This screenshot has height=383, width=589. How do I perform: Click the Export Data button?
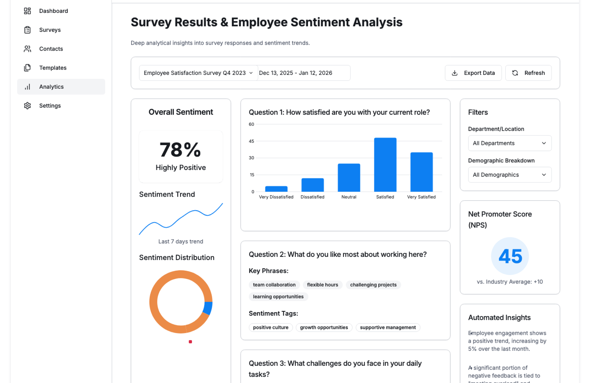[473, 73]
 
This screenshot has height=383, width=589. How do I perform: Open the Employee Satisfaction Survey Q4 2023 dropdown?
[198, 73]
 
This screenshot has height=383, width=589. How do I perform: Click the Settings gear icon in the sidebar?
[27, 106]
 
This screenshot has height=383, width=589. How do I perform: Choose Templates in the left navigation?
[53, 68]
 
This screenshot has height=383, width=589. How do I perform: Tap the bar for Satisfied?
[385, 165]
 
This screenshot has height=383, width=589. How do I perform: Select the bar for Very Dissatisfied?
[276, 189]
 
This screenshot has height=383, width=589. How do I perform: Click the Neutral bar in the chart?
[349, 178]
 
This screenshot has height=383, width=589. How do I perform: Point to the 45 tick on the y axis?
[252, 141]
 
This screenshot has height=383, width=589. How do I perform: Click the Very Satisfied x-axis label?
[421, 197]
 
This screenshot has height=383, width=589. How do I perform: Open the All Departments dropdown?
[510, 143]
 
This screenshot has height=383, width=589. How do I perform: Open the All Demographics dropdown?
[510, 175]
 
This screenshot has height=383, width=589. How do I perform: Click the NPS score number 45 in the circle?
[510, 256]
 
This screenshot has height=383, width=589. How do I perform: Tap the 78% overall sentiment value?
[180, 150]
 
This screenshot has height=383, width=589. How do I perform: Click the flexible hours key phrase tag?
[322, 285]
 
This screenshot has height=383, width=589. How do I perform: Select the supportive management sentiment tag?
[388, 327]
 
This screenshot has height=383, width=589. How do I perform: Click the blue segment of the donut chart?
[208, 308]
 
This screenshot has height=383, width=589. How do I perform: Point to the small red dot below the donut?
[190, 342]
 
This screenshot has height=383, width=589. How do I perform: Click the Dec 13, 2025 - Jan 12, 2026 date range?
[295, 73]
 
